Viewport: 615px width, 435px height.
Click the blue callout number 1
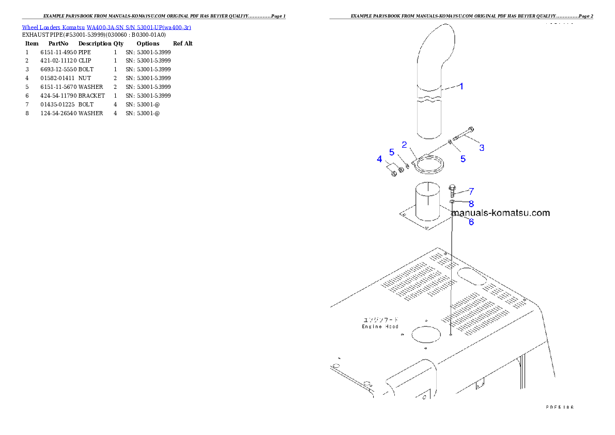462,86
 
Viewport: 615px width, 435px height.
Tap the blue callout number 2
405,145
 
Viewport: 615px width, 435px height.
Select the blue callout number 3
482,148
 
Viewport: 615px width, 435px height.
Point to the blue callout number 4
379,159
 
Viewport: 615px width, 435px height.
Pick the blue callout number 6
471,222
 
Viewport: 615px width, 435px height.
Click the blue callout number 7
471,191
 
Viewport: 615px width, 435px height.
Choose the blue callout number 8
471,204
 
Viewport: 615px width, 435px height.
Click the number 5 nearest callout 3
463,159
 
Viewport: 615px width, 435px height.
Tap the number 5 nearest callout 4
392,152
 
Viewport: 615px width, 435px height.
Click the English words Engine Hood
380,327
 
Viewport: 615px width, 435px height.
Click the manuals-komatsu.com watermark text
500,212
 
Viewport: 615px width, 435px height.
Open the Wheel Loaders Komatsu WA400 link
106,27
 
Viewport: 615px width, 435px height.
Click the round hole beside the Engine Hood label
427,333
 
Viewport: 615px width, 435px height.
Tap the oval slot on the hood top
472,275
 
